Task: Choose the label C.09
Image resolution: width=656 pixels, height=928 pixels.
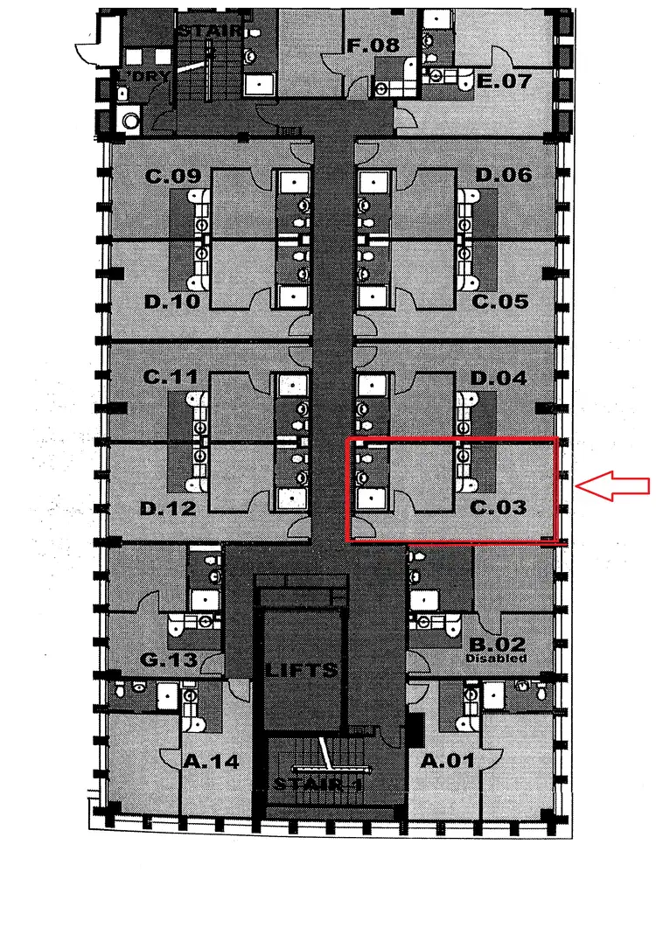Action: point(173,176)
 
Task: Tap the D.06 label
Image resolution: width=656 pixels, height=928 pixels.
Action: point(503,176)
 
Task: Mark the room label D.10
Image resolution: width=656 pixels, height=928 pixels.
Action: point(173,302)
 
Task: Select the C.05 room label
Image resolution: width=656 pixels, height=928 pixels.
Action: point(501,302)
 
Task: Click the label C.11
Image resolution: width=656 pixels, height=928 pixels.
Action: point(172,378)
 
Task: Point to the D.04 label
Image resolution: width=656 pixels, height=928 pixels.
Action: point(499,379)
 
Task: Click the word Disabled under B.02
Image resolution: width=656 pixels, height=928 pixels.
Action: point(496,658)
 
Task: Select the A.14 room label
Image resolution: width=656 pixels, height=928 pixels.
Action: point(211,761)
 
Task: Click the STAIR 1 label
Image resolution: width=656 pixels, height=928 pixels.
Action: point(318,784)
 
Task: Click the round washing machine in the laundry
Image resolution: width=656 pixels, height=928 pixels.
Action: point(131,122)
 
